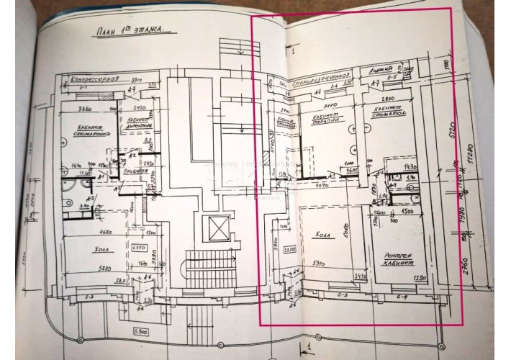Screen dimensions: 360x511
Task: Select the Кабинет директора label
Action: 136,122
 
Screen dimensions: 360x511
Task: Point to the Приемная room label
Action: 137,173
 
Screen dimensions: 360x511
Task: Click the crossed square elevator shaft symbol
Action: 217,228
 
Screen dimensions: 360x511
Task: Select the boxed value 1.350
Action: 140,247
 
